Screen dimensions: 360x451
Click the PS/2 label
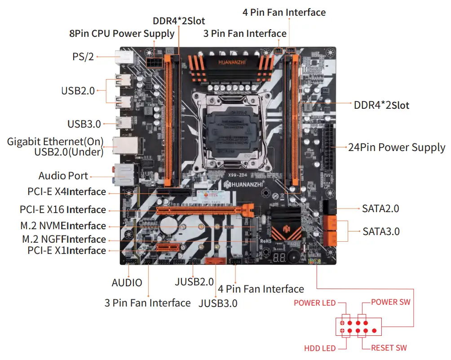[x=83, y=57]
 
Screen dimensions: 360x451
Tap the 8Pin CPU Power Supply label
[x=121, y=34]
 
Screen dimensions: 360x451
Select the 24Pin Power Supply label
[x=397, y=147]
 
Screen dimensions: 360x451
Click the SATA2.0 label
[x=380, y=209]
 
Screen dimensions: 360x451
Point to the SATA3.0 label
[x=381, y=231]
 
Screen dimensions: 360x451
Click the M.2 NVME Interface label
[x=64, y=226]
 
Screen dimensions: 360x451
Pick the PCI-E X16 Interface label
[x=63, y=209]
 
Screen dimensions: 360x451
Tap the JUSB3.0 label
[x=218, y=303]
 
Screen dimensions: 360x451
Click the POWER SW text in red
[x=390, y=302]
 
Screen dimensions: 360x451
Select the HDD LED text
[x=320, y=348]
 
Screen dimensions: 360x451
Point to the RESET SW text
[x=389, y=348]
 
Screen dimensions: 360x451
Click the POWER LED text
[x=314, y=303]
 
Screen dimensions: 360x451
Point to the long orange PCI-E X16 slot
[x=202, y=210]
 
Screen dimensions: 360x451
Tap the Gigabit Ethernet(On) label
[x=55, y=142]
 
